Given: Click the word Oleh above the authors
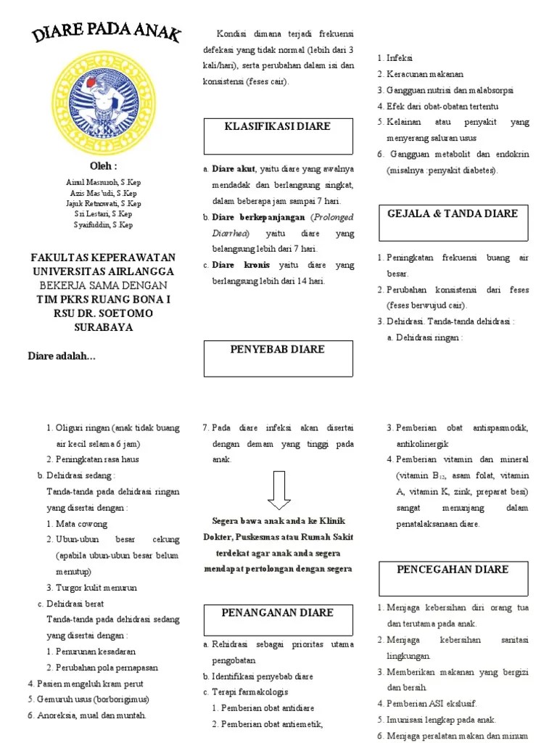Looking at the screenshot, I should (x=102, y=166).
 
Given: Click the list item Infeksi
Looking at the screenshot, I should (x=401, y=58).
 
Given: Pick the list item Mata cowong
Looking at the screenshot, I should (x=81, y=523).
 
